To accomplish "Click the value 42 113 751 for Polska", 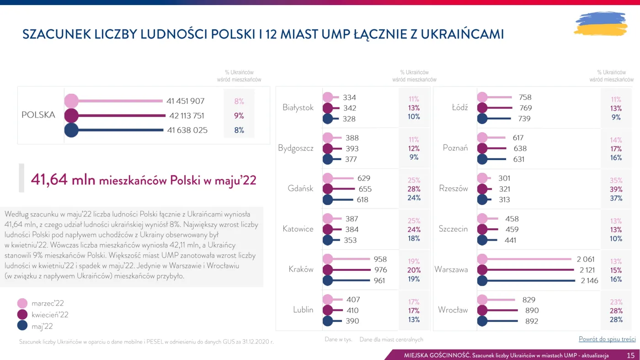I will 187,116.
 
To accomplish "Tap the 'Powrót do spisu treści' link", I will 607,339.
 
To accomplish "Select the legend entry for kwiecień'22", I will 50,315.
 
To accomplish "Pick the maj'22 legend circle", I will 22,326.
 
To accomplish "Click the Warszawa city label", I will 451,269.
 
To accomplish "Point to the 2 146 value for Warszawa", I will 589,280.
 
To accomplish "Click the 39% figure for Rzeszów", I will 616,189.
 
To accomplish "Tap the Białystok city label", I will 298,107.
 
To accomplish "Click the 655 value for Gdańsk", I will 365,189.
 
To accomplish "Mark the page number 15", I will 630,355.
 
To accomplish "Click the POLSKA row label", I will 38,115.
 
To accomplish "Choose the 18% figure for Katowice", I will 414,238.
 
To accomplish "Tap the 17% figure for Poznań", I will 616,149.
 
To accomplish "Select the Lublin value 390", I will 352,321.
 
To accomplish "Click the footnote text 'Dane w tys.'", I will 337,339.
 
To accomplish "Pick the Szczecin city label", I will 453,229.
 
